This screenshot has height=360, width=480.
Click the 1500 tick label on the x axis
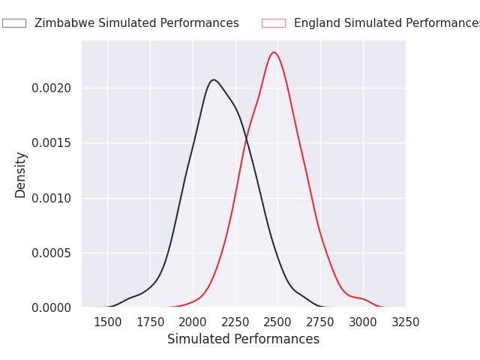107,322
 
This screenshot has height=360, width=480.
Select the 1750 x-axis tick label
150,322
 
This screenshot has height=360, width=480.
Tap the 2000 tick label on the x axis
193,322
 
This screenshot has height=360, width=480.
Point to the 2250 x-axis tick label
235,322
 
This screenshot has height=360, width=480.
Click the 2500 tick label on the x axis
278,322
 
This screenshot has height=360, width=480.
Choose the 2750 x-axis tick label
320,322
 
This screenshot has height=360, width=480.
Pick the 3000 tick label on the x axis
363,322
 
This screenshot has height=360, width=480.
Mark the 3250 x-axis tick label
406,322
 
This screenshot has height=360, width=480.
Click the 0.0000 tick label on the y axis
51,307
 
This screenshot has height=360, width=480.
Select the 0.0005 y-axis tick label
51,253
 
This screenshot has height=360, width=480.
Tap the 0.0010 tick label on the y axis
51,198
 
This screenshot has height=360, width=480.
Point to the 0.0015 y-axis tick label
51,143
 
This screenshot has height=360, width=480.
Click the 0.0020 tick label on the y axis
51,88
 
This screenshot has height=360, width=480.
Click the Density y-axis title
21,174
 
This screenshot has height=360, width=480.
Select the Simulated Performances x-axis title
243,340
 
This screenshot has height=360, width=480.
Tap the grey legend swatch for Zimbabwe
13,23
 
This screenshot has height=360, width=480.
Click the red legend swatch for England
273,23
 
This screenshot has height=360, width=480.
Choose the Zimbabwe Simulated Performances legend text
136,23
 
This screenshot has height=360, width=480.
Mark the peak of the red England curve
274,52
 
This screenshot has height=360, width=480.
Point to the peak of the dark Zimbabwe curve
214,79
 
